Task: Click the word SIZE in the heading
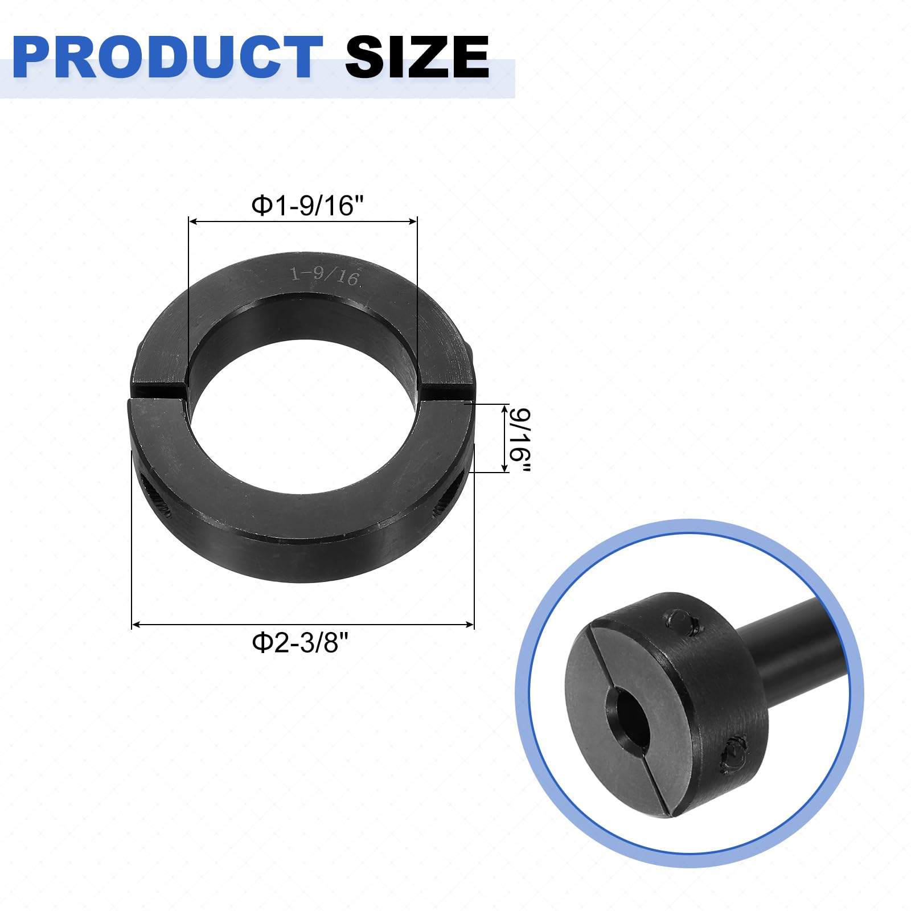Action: click(417, 57)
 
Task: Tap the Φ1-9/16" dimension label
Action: click(307, 206)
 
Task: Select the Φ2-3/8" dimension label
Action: click(300, 643)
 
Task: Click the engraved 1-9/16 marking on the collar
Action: click(325, 276)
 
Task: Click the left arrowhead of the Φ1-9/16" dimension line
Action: click(192, 221)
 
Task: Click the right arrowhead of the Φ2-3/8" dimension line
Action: click(470, 625)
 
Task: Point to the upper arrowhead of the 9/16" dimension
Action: click(505, 408)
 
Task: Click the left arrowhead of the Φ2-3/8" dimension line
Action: click(136, 625)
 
